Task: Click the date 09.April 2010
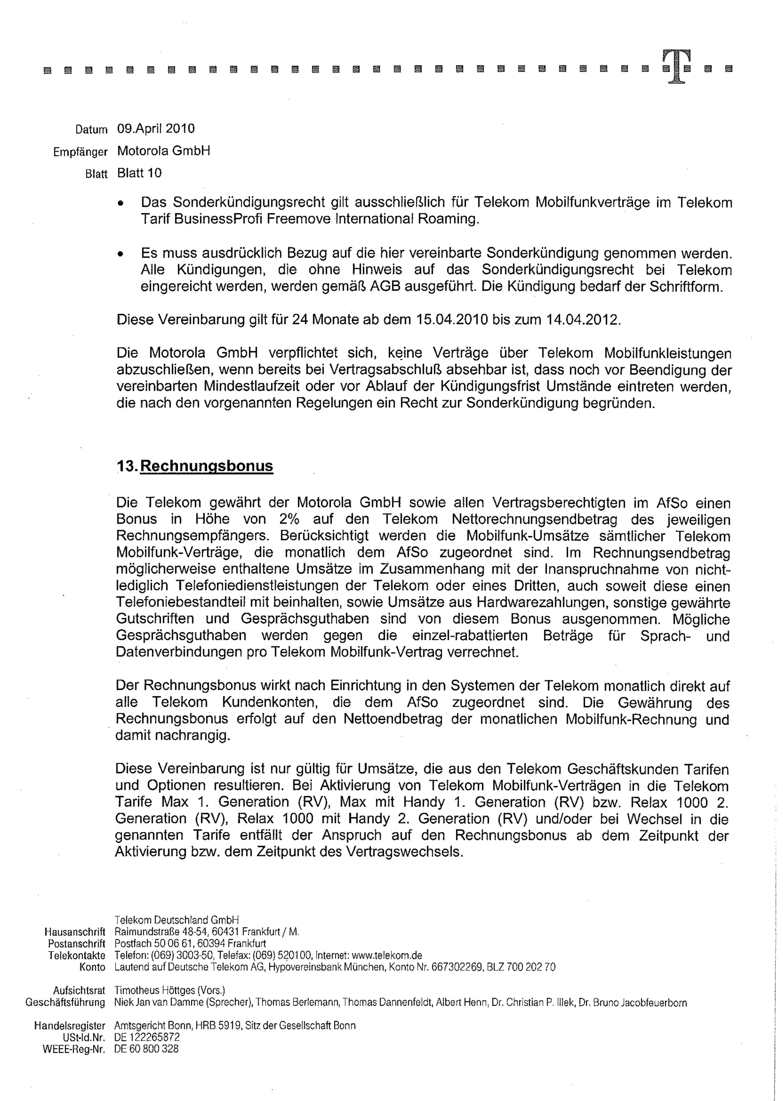[x=156, y=129]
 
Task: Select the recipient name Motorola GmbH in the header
[x=164, y=151]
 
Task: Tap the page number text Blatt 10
[x=139, y=173]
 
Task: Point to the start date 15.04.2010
[x=451, y=320]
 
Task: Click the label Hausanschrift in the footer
[x=75, y=932]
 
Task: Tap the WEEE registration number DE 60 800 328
[x=146, y=1049]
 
